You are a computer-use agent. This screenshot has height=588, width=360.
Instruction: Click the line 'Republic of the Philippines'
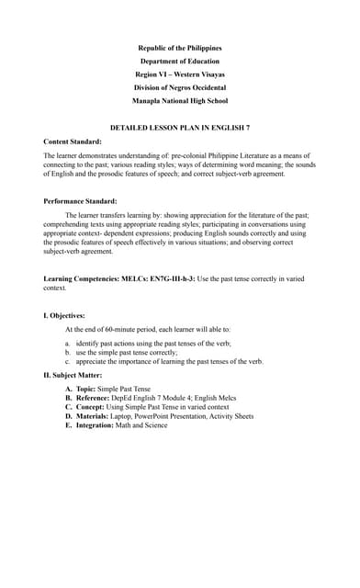click(180, 48)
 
